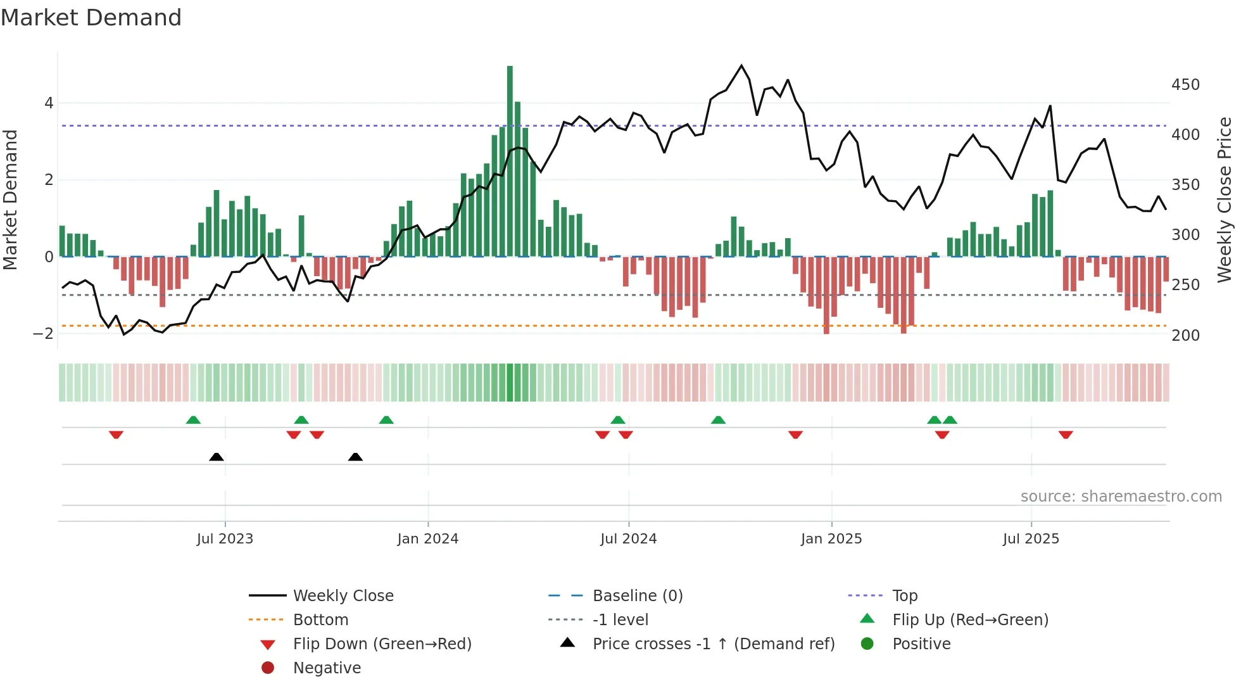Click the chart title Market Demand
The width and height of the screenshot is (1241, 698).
coord(91,18)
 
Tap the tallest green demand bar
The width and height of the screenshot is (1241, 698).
coord(510,158)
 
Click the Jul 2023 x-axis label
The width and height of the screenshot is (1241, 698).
coord(225,539)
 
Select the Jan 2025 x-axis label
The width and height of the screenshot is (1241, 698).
coord(831,539)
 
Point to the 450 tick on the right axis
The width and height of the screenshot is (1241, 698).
coord(1185,85)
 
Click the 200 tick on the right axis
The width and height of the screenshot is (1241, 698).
coord(1185,336)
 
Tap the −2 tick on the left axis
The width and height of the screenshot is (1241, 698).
coord(43,334)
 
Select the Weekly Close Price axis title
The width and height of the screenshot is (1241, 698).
coord(1225,200)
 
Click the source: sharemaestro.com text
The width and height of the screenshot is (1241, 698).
coord(1121,497)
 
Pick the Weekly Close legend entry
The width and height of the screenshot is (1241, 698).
coord(343,596)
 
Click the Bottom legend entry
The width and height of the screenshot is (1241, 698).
coord(320,620)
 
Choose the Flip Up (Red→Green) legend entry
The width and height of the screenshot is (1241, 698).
coord(970,620)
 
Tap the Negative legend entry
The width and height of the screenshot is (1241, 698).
coord(327,668)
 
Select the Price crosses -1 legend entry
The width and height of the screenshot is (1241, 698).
coord(713,644)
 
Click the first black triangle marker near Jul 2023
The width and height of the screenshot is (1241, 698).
coord(217,457)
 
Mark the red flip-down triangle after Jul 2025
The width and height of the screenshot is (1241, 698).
coord(1066,435)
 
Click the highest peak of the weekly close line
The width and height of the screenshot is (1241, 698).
coord(741,66)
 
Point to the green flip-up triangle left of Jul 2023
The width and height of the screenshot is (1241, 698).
coord(193,420)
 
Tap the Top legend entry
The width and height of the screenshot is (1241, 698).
coord(904,596)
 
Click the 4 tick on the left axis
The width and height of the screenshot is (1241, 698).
coord(49,103)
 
